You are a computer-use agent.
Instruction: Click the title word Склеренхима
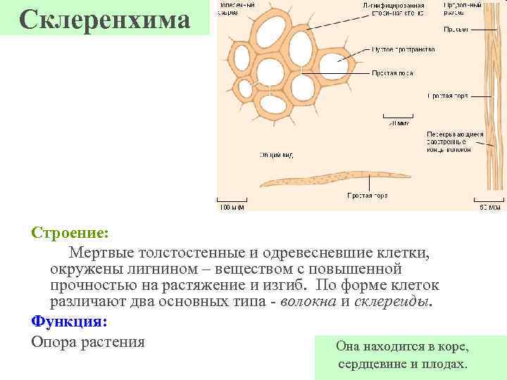106,20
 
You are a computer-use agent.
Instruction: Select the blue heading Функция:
69,322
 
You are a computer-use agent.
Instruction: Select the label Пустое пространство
403,50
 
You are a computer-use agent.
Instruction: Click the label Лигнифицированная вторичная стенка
394,9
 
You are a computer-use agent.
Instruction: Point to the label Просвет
454,30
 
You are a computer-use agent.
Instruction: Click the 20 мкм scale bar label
399,122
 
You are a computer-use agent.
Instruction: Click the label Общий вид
276,154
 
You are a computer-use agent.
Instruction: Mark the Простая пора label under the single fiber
367,195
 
